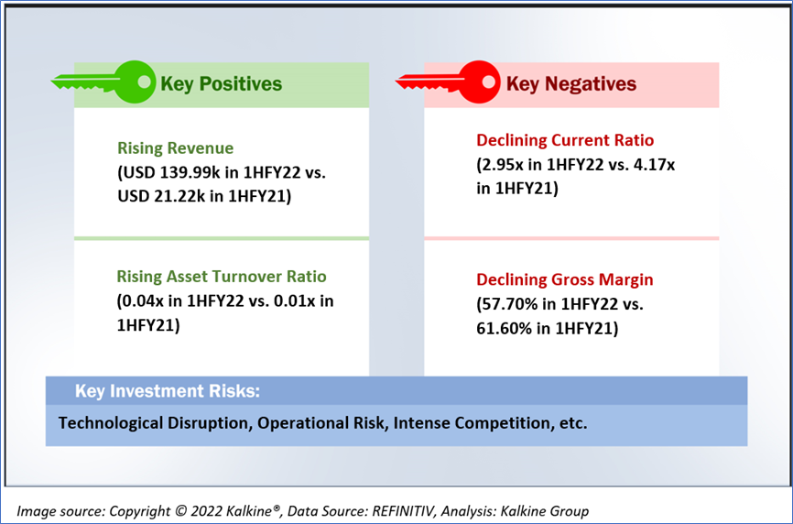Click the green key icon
(x=103, y=82)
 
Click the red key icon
(x=448, y=82)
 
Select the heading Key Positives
(x=221, y=84)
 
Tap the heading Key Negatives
(x=571, y=84)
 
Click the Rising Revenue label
(x=176, y=148)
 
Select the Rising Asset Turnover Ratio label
(x=222, y=277)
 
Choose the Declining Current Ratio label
(x=565, y=140)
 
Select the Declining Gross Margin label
(x=564, y=279)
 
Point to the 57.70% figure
(x=511, y=304)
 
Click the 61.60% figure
(x=505, y=329)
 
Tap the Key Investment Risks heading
(x=168, y=391)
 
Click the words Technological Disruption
(x=155, y=423)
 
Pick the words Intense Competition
(x=472, y=423)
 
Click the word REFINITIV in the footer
(x=403, y=511)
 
